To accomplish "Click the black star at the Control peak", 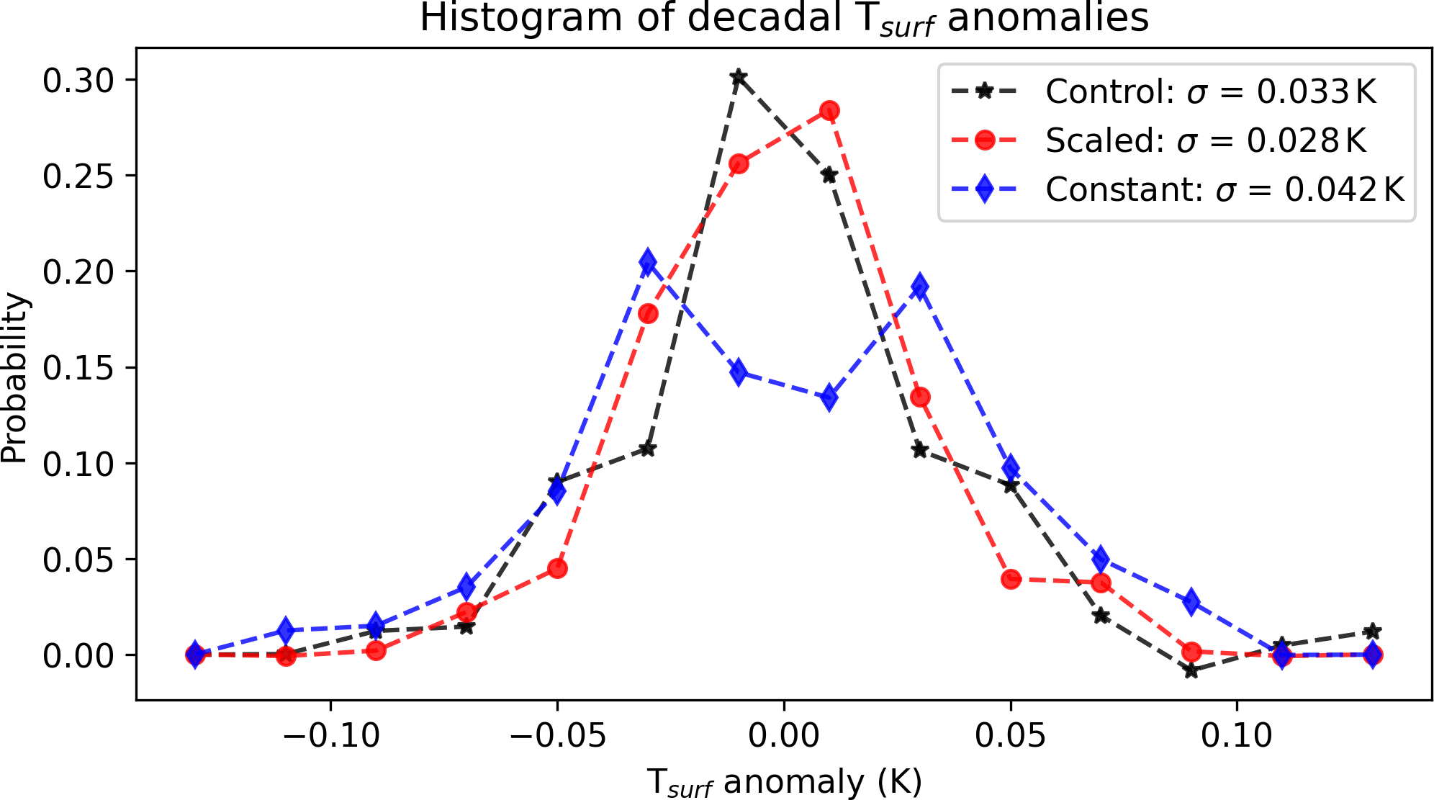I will [738, 76].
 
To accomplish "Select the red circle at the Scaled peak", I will [829, 111].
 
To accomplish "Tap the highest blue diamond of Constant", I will [648, 263].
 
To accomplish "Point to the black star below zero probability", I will [1191, 670].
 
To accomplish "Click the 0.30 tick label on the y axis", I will [78, 81].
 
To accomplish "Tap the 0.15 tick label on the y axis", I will [78, 368].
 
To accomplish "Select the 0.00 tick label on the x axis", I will [783, 735].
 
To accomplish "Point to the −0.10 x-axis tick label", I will [331, 735].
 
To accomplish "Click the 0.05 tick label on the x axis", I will [1010, 735].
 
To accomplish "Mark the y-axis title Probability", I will [14, 377].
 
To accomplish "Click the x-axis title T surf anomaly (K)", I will [783, 782].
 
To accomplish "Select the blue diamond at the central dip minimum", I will [829, 397].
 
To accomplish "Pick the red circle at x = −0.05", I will [557, 569].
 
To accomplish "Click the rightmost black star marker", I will [1373, 632].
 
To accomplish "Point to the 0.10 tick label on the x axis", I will [1237, 735].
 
